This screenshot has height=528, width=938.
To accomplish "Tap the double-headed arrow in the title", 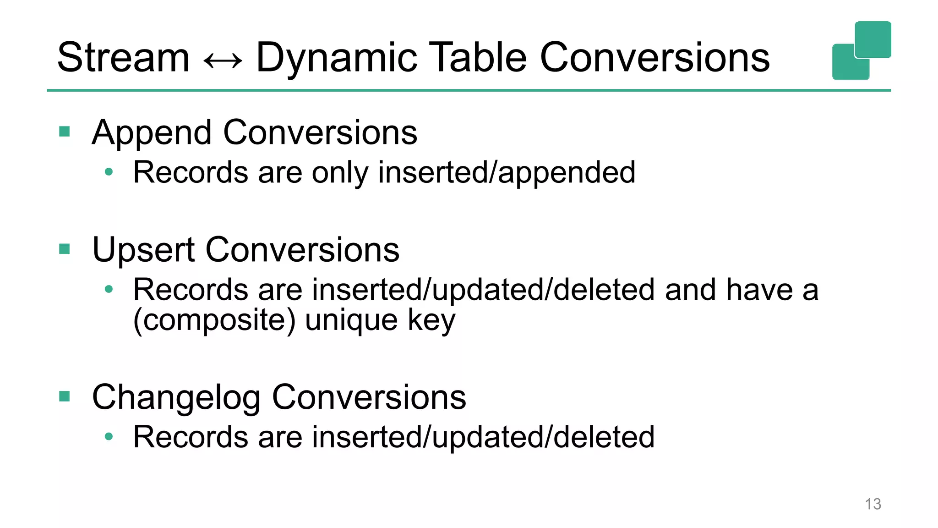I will point(223,60).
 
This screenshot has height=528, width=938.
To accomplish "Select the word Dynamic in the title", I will point(337,58).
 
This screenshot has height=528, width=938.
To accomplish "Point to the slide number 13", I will point(873,504).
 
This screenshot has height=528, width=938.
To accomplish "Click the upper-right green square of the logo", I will point(873,39).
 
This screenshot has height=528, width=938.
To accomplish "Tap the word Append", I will point(152,133).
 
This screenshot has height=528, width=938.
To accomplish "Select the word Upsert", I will point(143,251).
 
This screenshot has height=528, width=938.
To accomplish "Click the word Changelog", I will point(176,398).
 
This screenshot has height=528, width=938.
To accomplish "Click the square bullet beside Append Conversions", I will point(65,132).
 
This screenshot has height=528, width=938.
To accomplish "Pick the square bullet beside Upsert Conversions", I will point(65,249).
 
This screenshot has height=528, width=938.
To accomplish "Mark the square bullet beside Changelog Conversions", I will point(65,396).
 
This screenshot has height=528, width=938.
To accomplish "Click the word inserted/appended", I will point(507,173).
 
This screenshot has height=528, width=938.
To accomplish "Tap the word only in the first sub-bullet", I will point(340,173).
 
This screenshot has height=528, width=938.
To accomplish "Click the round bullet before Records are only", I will point(109,172).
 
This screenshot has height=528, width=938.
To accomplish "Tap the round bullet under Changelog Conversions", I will point(109,437).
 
